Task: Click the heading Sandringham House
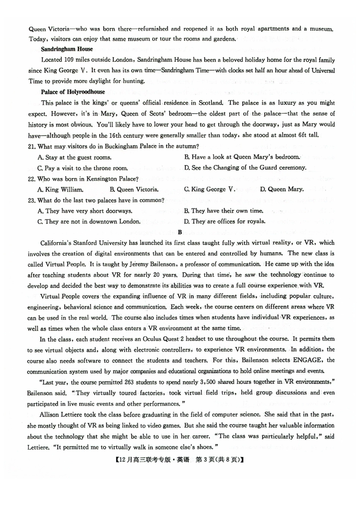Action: (67, 49)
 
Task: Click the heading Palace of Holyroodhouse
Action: (73, 92)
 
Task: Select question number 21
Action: (31, 146)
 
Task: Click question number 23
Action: (31, 200)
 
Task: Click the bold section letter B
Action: (180, 232)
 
